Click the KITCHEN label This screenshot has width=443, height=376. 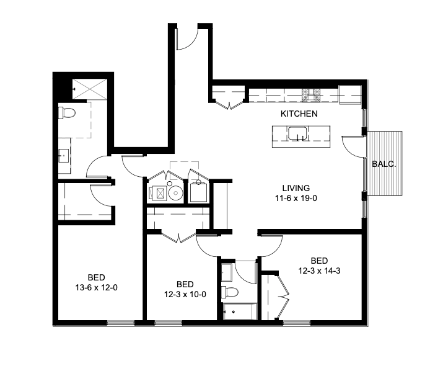pyautogui.click(x=299, y=114)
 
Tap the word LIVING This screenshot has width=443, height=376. pyautogui.click(x=296, y=188)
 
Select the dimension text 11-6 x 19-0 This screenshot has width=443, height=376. pyautogui.click(x=296, y=198)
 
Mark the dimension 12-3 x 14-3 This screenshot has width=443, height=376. pyautogui.click(x=319, y=271)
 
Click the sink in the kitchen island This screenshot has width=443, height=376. pyautogui.click(x=297, y=133)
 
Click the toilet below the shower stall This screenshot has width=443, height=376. pyautogui.click(x=67, y=113)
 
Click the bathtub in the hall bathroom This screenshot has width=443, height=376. pyautogui.click(x=238, y=312)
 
